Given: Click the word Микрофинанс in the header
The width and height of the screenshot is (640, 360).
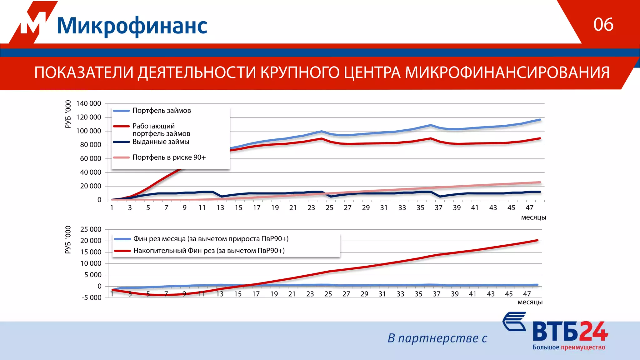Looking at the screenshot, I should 132,26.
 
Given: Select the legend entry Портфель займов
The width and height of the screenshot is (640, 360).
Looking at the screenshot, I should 161,111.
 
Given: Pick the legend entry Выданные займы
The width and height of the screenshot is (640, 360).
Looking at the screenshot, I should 161,142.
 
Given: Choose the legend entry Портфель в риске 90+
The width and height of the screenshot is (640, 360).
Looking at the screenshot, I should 169,157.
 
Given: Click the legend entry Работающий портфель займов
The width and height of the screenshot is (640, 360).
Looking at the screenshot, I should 161,130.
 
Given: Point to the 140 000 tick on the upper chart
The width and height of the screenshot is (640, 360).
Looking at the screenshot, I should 88,103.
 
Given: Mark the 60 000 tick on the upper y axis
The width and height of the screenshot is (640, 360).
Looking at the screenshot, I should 90,158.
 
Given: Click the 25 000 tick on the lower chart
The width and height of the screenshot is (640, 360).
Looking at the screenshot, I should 91,229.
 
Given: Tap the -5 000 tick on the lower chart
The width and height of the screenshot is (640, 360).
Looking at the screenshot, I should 92,297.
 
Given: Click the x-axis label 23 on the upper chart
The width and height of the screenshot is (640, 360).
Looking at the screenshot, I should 311,208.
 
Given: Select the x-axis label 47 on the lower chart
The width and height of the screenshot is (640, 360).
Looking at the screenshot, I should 527,294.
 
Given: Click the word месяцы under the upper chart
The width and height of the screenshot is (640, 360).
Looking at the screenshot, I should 533,217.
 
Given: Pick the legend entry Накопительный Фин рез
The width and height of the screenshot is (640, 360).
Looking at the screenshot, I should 209,251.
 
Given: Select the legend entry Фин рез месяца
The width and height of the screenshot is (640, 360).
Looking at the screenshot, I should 211,239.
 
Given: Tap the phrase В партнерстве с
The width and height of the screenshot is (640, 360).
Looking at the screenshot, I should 437,338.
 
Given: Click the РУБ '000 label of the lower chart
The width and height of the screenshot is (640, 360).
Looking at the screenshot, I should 68,240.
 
